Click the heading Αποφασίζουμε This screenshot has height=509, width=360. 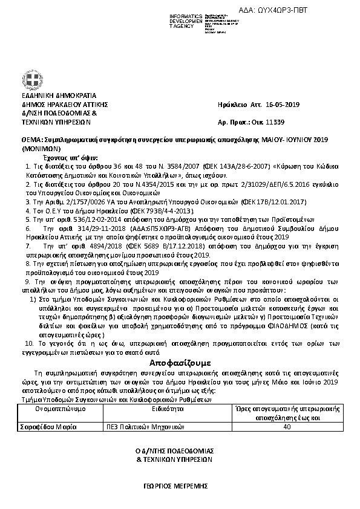pyautogui.click(x=180, y=363)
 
